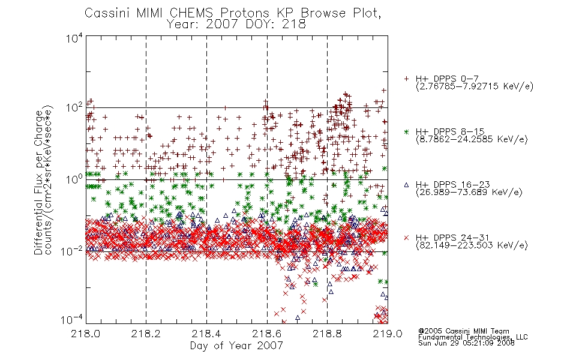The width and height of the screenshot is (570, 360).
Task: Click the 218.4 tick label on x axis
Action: (x=206, y=334)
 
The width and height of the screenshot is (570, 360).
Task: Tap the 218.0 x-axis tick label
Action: (x=86, y=334)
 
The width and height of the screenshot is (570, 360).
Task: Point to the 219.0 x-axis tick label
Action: (x=388, y=334)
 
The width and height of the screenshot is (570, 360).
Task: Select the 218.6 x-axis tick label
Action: (x=267, y=334)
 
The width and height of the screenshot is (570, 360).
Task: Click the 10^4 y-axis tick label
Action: (x=74, y=38)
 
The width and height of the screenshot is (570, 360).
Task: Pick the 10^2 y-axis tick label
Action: (x=74, y=108)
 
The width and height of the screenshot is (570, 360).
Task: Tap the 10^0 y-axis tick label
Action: (x=74, y=179)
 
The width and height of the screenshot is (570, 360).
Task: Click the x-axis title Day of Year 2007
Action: (x=236, y=346)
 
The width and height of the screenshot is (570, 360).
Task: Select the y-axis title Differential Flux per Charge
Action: (x=38, y=182)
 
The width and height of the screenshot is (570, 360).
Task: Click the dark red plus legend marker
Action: (x=406, y=79)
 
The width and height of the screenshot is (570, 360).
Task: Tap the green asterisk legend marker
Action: (x=406, y=132)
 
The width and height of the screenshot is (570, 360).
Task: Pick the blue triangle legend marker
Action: (x=406, y=185)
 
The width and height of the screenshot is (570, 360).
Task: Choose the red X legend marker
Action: (x=406, y=238)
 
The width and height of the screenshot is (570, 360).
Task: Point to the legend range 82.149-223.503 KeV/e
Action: (x=472, y=245)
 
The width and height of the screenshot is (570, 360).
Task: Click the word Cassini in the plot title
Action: (x=107, y=13)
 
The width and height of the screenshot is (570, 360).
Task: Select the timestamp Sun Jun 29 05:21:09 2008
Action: (x=466, y=343)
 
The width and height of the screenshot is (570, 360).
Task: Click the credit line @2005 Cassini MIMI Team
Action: (x=463, y=331)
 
